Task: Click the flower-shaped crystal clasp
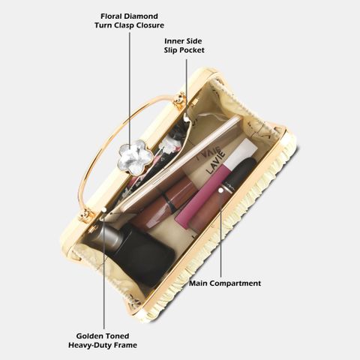pos(135,157)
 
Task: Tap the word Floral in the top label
pos(112,16)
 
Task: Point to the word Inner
pos(173,41)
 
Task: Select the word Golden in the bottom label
pos(90,336)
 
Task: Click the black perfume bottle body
pos(142,253)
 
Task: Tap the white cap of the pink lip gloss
pos(244,152)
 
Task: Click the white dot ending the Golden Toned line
pos(104,209)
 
